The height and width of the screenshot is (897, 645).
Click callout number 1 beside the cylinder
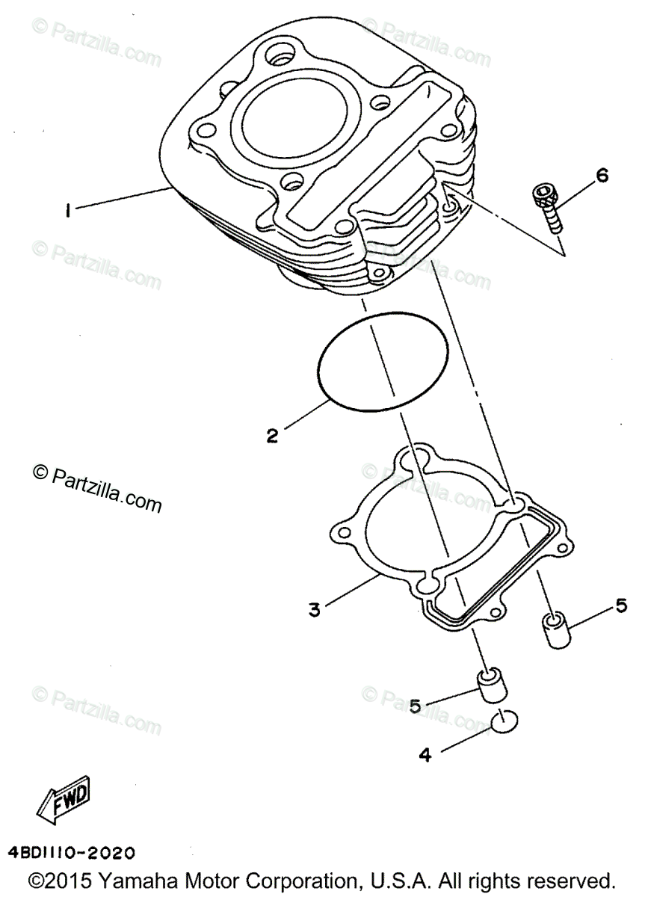pyautogui.click(x=67, y=212)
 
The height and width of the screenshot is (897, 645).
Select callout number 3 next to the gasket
pyautogui.click(x=315, y=609)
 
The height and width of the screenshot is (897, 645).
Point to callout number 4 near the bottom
pyautogui.click(x=425, y=755)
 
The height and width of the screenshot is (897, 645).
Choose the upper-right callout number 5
pyautogui.click(x=621, y=606)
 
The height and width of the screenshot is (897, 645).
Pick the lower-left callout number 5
pyautogui.click(x=416, y=704)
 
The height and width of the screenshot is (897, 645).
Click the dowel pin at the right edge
pyautogui.click(x=554, y=630)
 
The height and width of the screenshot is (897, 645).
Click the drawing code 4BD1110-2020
pyautogui.click(x=72, y=852)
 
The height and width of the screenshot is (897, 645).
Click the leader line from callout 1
pyautogui.click(x=123, y=200)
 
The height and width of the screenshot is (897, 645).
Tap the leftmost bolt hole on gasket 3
pyautogui.click(x=344, y=532)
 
